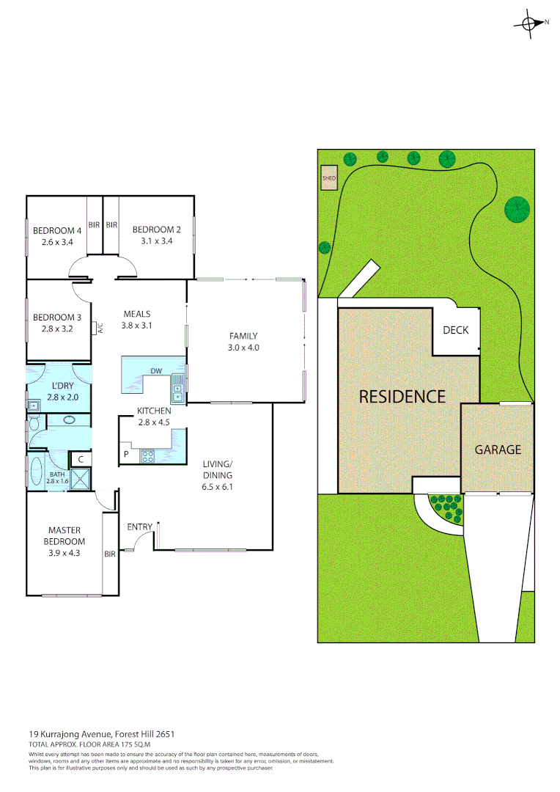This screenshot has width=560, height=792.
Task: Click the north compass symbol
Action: pyautogui.click(x=530, y=23)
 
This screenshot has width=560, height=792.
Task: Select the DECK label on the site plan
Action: pyautogui.click(x=455, y=331)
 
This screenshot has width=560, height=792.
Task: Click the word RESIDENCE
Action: pyautogui.click(x=402, y=397)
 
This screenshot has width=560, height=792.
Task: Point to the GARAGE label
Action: pyautogui.click(x=498, y=450)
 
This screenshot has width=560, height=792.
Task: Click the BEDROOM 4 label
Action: pyautogui.click(x=57, y=230)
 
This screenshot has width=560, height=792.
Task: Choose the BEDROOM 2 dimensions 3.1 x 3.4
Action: pyautogui.click(x=152, y=241)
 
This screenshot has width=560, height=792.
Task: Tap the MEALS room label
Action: pyautogui.click(x=137, y=314)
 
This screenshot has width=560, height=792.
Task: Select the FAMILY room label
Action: pyautogui.click(x=243, y=337)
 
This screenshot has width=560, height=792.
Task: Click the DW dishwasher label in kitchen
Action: pyautogui.click(x=156, y=371)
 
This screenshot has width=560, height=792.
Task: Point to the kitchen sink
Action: pyautogui.click(x=177, y=388)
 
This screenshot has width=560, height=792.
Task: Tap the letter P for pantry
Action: pyautogui.click(x=126, y=455)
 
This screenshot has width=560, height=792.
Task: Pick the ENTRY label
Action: pyautogui.click(x=139, y=527)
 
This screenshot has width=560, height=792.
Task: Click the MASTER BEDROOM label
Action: pyautogui.click(x=65, y=536)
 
